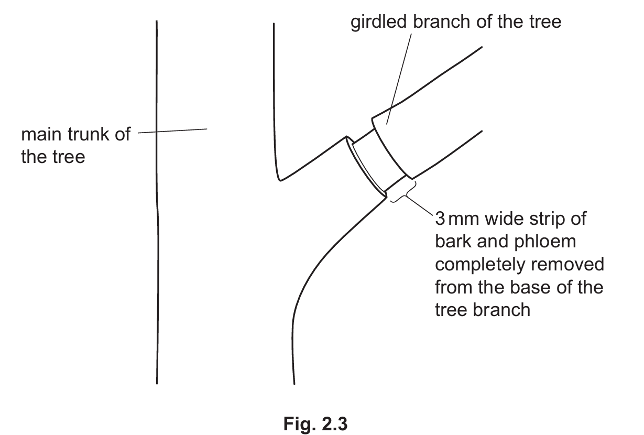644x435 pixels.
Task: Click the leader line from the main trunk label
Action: click(x=173, y=130)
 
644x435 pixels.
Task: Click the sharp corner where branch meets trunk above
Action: click(x=281, y=179)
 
